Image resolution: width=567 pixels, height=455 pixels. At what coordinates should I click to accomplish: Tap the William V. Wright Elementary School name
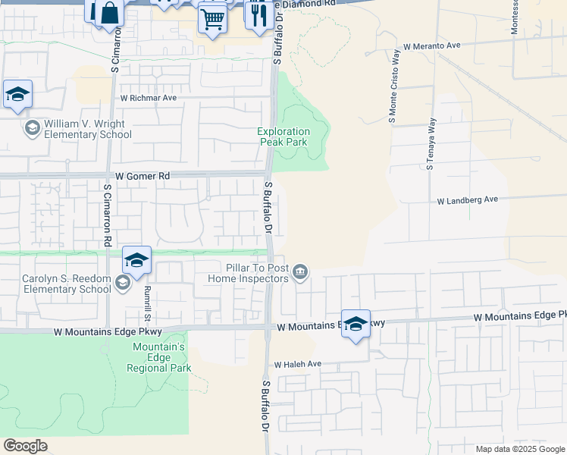[x=87, y=129]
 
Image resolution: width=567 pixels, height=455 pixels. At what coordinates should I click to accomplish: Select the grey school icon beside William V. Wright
[x=32, y=128]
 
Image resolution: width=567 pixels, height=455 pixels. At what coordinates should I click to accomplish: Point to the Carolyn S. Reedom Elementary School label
[x=67, y=284]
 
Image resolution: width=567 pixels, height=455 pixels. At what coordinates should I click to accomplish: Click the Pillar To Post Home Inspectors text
[x=248, y=273]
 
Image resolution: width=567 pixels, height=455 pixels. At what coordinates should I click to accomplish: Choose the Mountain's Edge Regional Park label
[x=159, y=357]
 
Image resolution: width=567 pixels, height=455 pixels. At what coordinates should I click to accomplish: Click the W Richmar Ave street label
[x=149, y=98]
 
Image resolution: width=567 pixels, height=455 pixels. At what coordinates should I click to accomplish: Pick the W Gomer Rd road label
[x=143, y=176]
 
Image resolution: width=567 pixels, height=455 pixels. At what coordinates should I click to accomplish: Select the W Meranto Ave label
[x=432, y=45]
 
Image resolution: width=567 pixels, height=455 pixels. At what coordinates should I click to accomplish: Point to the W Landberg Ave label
[x=467, y=200]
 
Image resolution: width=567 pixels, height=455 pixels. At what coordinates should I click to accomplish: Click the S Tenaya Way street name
[x=431, y=144]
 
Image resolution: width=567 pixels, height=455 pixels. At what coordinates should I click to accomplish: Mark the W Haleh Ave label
[x=298, y=365]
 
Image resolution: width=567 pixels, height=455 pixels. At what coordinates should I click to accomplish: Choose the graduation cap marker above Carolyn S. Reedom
[x=136, y=260]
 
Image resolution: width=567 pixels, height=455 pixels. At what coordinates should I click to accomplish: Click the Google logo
[x=25, y=446]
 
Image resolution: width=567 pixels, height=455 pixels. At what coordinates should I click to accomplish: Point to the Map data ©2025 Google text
[x=520, y=449]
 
